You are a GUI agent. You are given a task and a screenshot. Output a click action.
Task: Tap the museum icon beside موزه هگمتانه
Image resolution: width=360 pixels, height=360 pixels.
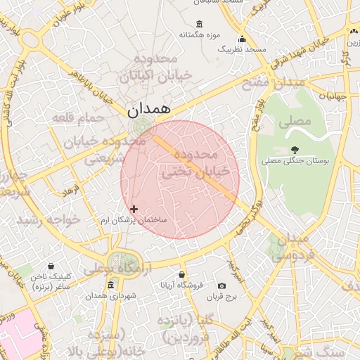pyautogui.click(x=200, y=23)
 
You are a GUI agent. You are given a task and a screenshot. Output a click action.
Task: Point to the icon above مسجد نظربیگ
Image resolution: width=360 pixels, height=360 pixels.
pyautogui.click(x=243, y=39)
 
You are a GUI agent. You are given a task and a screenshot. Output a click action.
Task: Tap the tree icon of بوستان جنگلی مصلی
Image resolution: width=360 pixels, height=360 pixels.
pyautogui.click(x=295, y=150)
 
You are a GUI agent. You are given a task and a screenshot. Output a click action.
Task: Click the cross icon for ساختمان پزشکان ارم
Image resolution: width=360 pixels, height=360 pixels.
pyautogui.click(x=134, y=209)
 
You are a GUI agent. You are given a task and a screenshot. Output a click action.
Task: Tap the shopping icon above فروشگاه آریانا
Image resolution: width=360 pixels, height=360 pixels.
pyautogui.click(x=182, y=274)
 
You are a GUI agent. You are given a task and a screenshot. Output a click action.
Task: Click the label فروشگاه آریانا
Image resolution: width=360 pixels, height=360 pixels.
pyautogui.click(x=181, y=285)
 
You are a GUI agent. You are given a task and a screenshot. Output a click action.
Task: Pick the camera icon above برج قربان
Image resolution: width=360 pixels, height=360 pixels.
pyautogui.click(x=222, y=285)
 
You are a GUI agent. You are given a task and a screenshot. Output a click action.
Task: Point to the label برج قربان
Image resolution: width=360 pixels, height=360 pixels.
pyautogui.click(x=222, y=297)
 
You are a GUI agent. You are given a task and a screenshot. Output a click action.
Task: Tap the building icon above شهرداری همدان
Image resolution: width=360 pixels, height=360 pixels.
pyautogui.click(x=110, y=285)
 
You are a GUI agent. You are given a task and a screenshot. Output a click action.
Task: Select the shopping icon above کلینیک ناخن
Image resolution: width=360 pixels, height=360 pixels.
pyautogui.click(x=51, y=266)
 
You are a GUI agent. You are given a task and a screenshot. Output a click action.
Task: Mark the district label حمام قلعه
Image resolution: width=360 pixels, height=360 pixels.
pyautogui.click(x=83, y=118)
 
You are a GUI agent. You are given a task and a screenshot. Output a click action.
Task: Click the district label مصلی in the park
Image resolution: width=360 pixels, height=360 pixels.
pyautogui.click(x=294, y=122)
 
